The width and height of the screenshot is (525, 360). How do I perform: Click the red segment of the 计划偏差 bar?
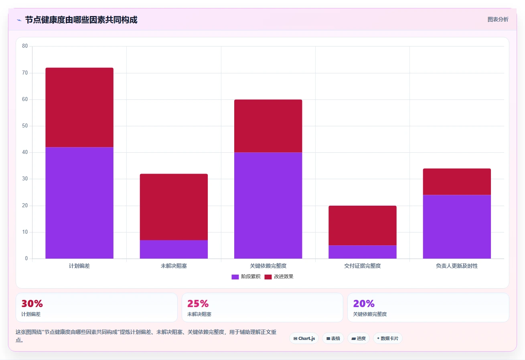point(79,107)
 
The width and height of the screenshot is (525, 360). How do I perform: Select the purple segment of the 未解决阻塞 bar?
point(174,249)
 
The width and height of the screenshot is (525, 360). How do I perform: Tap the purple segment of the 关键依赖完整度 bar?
point(268,206)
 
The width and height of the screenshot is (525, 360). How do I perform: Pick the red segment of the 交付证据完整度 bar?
point(363,226)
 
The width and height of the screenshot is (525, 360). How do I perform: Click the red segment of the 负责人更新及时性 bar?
point(457,182)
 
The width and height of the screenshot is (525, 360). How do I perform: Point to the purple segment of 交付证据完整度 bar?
point(363,252)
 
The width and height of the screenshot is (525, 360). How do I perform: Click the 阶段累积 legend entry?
point(246,277)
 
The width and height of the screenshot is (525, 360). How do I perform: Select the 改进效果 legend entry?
point(279,277)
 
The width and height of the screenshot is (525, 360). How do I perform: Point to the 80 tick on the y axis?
point(25,46)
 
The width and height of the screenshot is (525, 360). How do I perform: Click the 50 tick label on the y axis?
point(25,126)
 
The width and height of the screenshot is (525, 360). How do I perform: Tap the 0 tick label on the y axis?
point(26,258)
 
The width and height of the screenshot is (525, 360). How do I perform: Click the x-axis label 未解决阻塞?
point(174,266)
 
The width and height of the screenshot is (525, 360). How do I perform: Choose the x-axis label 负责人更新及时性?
point(457,266)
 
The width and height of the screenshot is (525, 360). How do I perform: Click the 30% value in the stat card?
point(32,303)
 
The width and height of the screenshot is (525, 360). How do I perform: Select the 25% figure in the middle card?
point(198,303)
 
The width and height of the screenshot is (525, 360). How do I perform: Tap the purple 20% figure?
point(364,303)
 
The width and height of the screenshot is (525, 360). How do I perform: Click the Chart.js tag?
point(304,338)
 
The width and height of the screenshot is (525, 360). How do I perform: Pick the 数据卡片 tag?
point(388,338)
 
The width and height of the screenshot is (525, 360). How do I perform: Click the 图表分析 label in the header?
point(498,19)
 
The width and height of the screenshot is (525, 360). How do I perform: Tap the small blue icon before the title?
point(19,20)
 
